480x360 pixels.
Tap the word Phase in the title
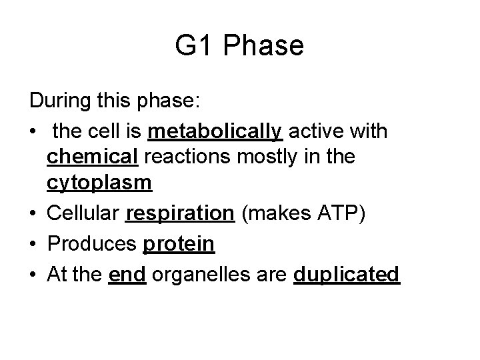(265, 46)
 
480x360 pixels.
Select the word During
(63, 101)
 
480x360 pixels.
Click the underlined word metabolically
(215, 131)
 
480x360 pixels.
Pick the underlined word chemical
(92, 157)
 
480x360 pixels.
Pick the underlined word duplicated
(347, 275)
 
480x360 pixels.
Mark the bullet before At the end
(34, 274)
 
